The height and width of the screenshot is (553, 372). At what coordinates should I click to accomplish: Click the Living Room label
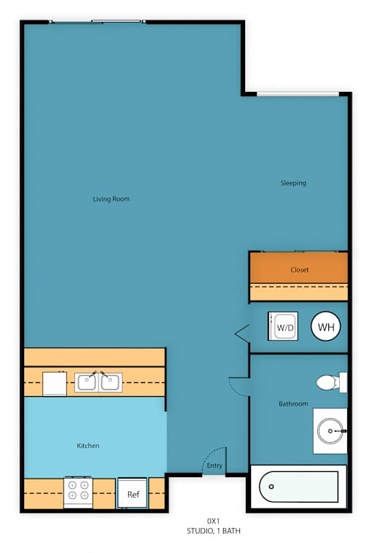tap(111, 199)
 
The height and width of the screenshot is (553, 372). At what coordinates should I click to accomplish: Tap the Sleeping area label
tap(293, 183)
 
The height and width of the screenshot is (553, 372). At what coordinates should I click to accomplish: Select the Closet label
tap(299, 270)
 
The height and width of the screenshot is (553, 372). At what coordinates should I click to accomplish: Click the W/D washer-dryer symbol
tap(283, 326)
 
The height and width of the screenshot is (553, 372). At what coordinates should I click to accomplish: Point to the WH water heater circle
tap(325, 327)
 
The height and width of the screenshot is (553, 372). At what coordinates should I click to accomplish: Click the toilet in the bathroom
tap(331, 382)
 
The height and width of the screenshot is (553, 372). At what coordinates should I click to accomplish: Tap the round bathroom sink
tap(330, 431)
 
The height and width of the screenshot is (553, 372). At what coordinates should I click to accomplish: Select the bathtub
tap(298, 487)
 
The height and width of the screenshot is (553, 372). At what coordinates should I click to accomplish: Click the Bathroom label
tap(293, 404)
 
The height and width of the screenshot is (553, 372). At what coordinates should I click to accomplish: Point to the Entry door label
tap(214, 465)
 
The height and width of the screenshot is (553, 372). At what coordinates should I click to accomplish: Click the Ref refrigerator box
tap(132, 493)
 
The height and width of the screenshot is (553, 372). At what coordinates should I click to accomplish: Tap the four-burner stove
tap(78, 492)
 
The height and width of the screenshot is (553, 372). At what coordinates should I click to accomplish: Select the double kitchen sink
tap(98, 382)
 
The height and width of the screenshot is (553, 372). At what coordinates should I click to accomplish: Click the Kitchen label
tap(88, 446)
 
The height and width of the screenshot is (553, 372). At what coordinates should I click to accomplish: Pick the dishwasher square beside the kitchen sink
tap(54, 384)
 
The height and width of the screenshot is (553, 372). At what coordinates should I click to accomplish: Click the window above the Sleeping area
tap(298, 94)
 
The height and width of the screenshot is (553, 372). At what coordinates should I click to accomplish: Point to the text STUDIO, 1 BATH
tap(213, 531)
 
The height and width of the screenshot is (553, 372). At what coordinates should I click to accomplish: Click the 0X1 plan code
tap(213, 521)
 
